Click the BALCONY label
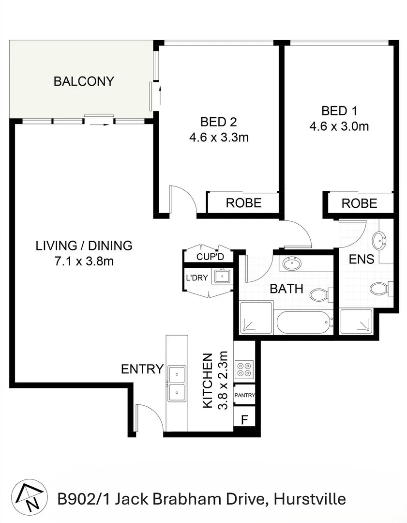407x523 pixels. (x=84, y=81)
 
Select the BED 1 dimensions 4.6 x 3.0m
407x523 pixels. (x=339, y=126)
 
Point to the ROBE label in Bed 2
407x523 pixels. (x=243, y=203)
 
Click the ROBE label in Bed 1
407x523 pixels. (x=359, y=203)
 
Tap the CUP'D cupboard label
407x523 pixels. (x=209, y=257)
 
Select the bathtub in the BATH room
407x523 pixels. (x=303, y=323)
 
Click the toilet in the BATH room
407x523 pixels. (x=319, y=294)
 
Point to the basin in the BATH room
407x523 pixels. (x=293, y=264)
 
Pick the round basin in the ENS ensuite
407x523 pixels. (x=379, y=240)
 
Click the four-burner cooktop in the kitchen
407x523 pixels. (x=243, y=369)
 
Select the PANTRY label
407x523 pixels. (x=244, y=396)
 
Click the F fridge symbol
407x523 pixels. (x=244, y=419)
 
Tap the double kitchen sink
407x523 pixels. (x=177, y=384)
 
